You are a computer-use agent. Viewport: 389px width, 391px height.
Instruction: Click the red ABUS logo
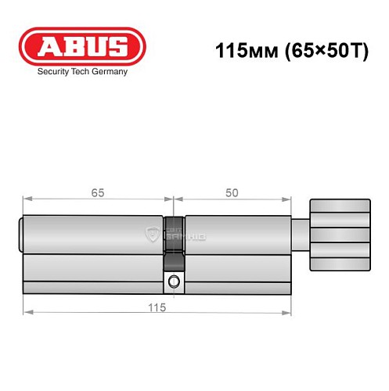pyautogui.click(x=82, y=45)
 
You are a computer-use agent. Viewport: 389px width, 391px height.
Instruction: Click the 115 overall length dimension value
pyautogui.click(x=157, y=308)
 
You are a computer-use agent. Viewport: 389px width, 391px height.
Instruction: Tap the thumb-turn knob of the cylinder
pyautogui.click(x=339, y=235)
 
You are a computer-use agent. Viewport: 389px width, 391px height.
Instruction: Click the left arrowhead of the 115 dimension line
pyautogui.click(x=27, y=314)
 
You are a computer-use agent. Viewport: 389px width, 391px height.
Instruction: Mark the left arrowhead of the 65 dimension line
pyautogui.click(x=27, y=198)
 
